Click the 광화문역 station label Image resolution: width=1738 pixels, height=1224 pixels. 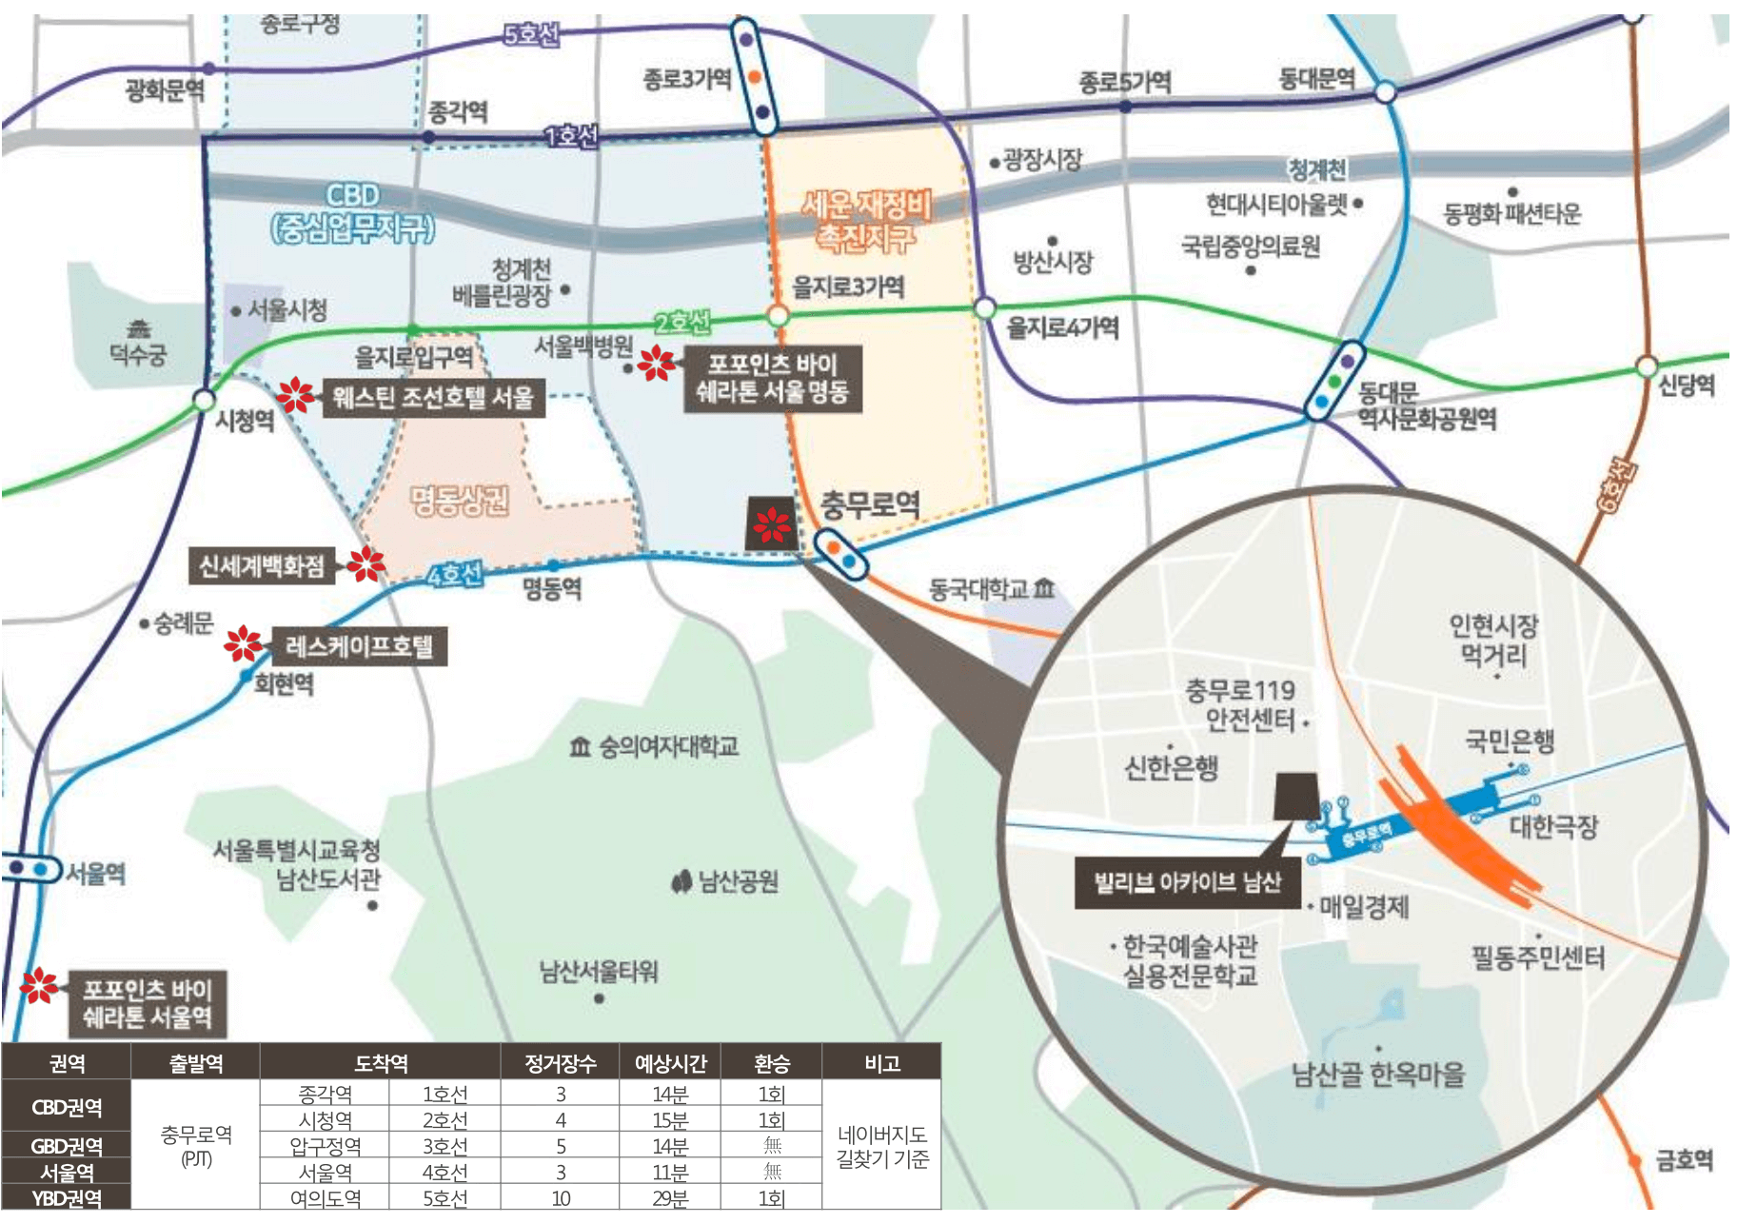[x=165, y=90]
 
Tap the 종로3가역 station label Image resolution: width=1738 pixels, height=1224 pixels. [x=687, y=79]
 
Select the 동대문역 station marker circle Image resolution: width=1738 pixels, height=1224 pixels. [x=1386, y=91]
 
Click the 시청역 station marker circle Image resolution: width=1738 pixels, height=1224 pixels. [x=204, y=400]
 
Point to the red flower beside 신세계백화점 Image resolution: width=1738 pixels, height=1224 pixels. [x=365, y=564]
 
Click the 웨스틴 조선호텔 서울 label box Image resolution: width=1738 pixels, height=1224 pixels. [x=433, y=397]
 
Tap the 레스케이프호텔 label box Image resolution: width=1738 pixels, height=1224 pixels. [x=360, y=647]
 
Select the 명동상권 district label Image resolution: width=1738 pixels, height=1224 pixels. [x=460, y=500]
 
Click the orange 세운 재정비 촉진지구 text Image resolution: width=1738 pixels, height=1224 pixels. [x=865, y=220]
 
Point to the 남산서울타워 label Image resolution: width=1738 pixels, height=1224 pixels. [x=599, y=972]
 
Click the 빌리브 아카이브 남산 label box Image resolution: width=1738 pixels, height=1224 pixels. [x=1187, y=882]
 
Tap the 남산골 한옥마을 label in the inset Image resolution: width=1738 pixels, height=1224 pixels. [x=1378, y=1075]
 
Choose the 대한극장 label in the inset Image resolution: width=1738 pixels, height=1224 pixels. [x=1552, y=826]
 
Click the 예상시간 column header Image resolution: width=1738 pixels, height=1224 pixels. [x=670, y=1063]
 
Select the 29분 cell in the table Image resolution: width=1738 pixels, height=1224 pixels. [x=670, y=1198]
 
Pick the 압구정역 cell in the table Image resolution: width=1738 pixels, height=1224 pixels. [x=326, y=1146]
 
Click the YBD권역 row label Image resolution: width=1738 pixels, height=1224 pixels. [x=67, y=1198]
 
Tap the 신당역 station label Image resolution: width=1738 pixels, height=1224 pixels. [x=1686, y=385]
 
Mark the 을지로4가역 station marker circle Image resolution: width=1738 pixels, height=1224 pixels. [x=984, y=308]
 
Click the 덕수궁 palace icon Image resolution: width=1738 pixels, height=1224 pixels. [x=140, y=329]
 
